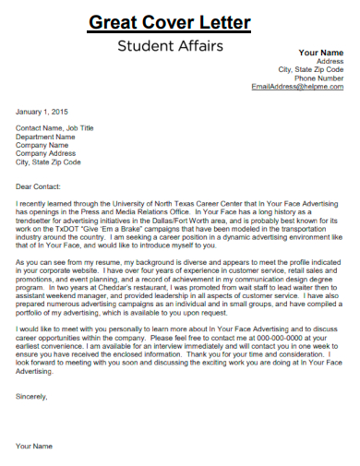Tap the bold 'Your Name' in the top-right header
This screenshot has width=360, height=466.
pyautogui.click(x=321, y=52)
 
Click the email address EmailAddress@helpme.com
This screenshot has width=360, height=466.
pyautogui.click(x=297, y=87)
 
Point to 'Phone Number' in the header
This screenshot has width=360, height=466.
pyautogui.click(x=318, y=78)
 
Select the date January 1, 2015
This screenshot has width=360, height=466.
pyautogui.click(x=42, y=112)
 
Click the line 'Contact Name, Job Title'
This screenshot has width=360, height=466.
pyautogui.click(x=55, y=128)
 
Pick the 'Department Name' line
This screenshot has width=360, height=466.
pyautogui.click(x=46, y=137)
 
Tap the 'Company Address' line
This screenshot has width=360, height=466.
pyautogui.click(x=46, y=153)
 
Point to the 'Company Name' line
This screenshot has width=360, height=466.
pyautogui.click(x=42, y=145)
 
